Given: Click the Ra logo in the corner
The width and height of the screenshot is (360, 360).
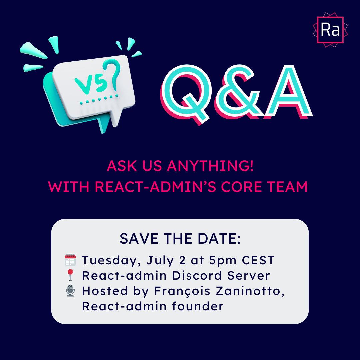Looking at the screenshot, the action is click(330, 30).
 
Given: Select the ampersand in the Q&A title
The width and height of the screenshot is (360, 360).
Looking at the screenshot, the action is click(239, 92).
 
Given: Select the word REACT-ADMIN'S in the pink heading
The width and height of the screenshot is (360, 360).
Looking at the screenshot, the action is click(155, 187).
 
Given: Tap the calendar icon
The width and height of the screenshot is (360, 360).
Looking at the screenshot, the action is click(70, 260).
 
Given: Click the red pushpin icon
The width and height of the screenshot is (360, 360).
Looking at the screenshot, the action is click(70, 275).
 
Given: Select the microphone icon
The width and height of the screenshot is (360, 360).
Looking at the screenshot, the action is click(70, 291).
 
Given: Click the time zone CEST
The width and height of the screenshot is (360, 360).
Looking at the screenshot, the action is click(258, 260).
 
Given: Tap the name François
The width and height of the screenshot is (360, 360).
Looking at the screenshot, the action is click(182, 291).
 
